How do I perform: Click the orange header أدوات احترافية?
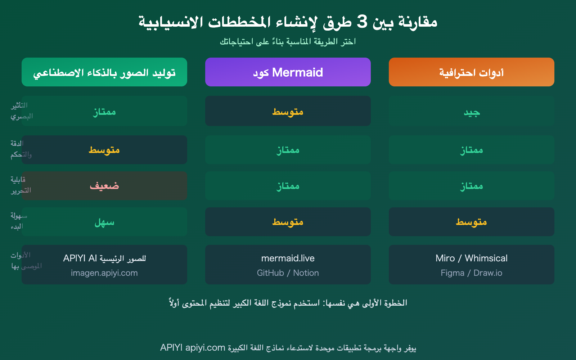pos(471,72)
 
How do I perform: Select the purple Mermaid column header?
pos(288,72)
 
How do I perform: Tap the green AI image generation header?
pos(104,72)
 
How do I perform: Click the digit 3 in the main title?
pos(362,22)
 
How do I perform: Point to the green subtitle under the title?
pos(288,42)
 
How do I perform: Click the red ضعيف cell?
pos(104,186)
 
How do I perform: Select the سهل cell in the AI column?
pos(104,222)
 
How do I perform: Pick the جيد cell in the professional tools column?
pos(471,112)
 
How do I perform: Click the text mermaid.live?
pos(288,258)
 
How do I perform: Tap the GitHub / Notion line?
pos(288,273)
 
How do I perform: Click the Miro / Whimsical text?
pos(471,258)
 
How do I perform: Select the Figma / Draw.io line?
pos(471,273)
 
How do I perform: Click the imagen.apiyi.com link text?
pos(104,273)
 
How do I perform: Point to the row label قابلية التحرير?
pos(20,185)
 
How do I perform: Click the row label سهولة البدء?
pos(18,221)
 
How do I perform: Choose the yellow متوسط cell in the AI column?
pos(104,150)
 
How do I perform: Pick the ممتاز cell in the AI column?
pos(104,112)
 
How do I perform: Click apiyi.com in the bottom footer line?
pos(205,348)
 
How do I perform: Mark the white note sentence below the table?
pos(288,303)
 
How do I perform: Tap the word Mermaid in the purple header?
pos(297,72)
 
